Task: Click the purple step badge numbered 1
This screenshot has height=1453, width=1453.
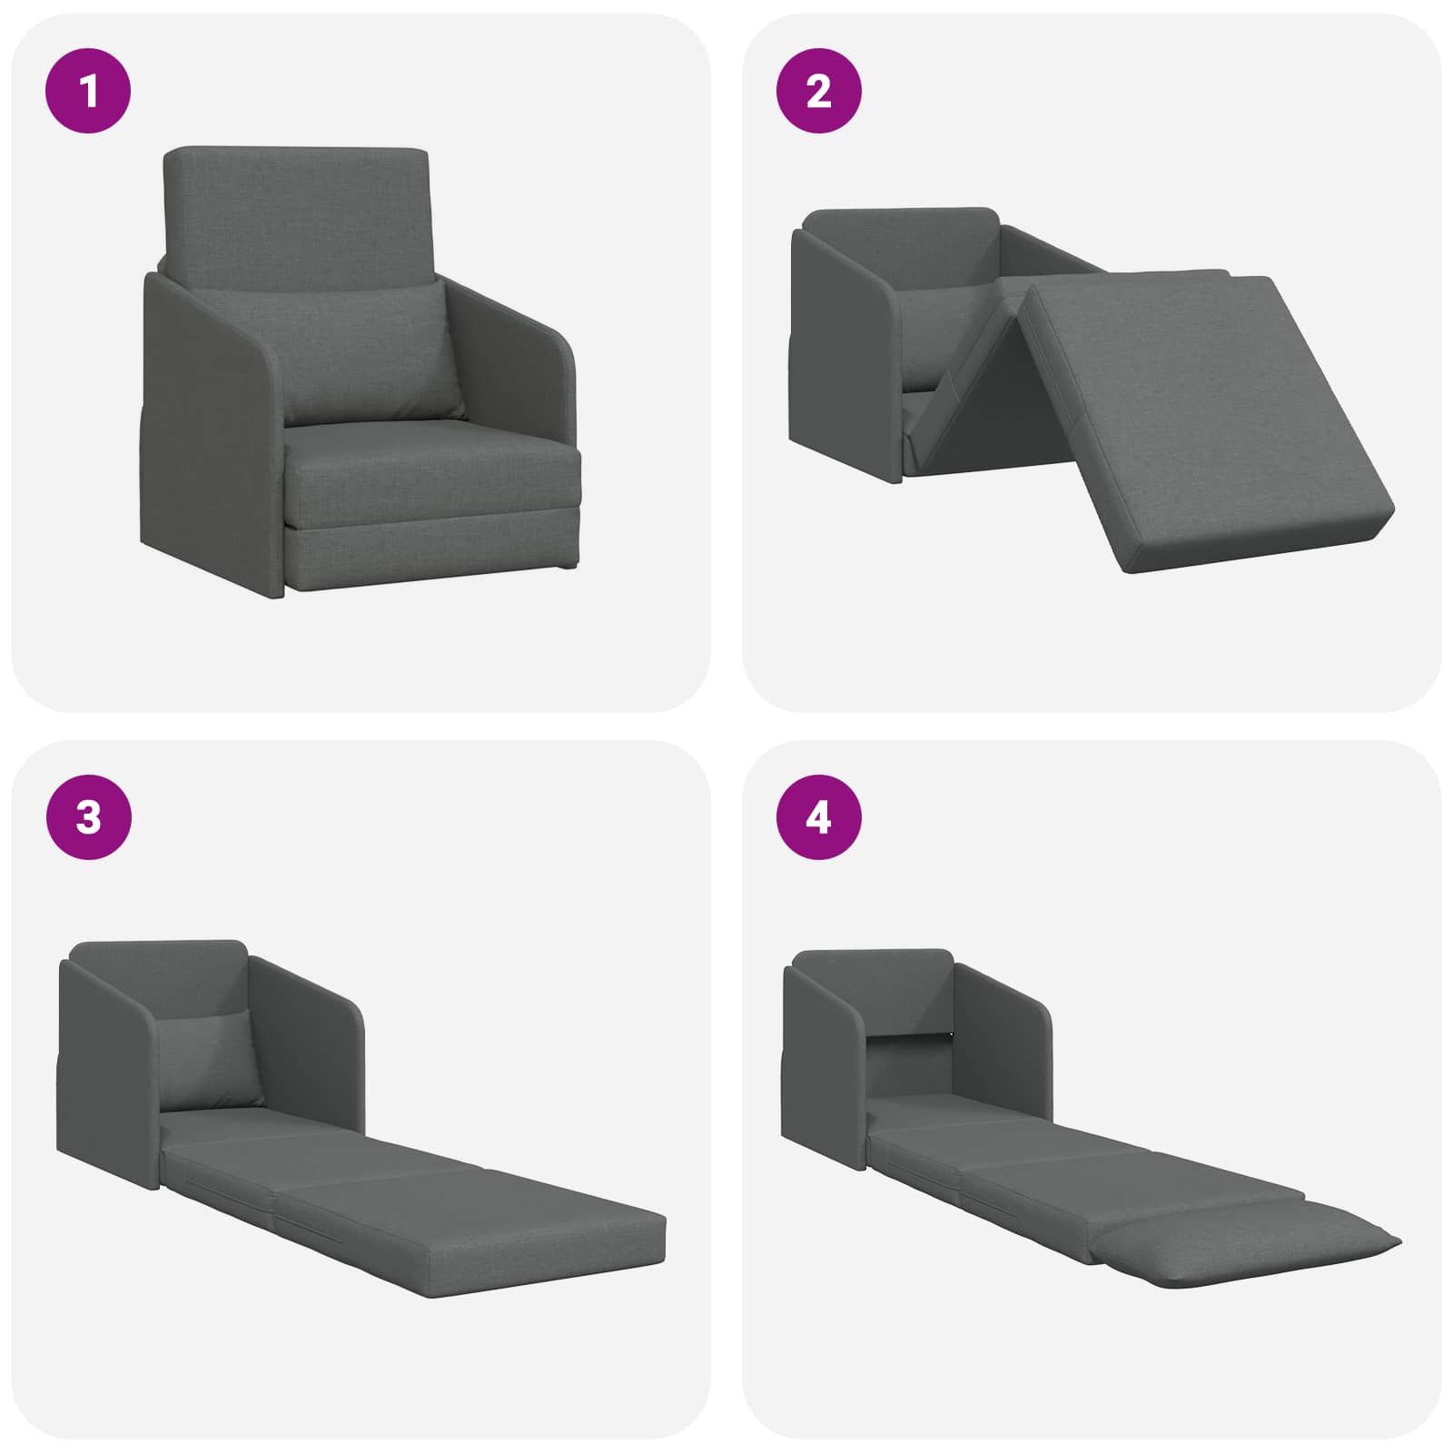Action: point(89,91)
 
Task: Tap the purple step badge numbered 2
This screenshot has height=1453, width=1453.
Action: point(818,91)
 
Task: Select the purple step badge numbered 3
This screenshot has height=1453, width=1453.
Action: point(89,817)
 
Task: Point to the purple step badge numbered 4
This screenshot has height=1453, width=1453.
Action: point(818,817)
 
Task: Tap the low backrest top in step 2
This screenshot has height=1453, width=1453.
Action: point(902,241)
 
